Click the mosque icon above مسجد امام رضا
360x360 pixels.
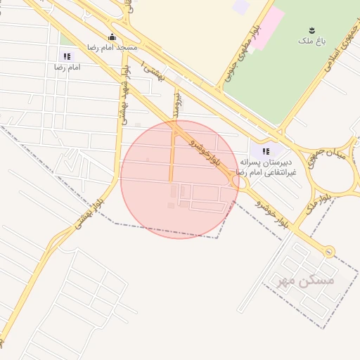(x=112, y=37)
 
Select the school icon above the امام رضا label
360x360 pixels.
(x=67, y=56)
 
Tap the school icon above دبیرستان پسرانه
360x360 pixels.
(x=266, y=151)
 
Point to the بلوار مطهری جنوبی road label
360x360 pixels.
(x=239, y=56)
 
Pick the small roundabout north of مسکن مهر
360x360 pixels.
(x=328, y=250)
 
